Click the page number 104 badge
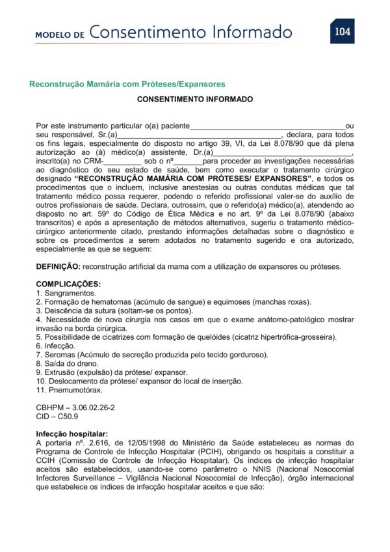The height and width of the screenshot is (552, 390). click(342, 31)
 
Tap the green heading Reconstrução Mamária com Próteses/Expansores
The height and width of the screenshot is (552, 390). click(127, 84)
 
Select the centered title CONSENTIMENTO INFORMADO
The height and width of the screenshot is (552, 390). click(195, 100)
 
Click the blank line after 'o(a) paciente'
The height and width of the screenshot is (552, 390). click(267, 126)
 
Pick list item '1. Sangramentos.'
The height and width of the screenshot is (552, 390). click(66, 293)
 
